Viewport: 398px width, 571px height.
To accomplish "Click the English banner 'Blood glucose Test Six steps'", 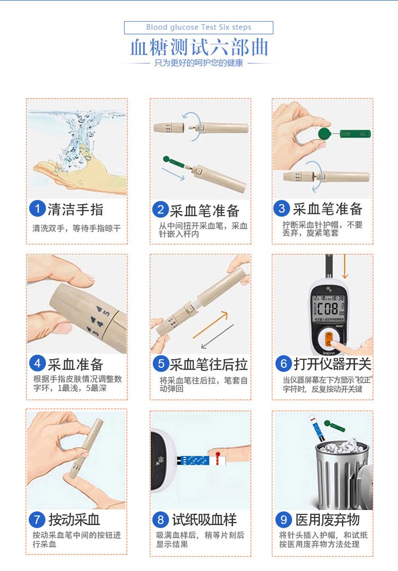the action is (x=198, y=28).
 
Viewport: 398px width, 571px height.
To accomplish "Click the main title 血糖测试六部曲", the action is (x=199, y=47).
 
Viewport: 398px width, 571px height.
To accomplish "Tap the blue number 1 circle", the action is (x=37, y=209).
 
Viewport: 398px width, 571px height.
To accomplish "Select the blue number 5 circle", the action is (x=161, y=363).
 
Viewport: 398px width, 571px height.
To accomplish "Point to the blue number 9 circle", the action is (x=283, y=519).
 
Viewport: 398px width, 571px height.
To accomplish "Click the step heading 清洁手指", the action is (x=75, y=209).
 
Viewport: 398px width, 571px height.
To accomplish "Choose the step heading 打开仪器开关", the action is (x=333, y=364).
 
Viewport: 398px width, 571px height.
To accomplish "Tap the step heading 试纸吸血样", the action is (x=204, y=520).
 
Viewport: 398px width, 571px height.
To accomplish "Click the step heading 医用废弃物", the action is (x=327, y=520).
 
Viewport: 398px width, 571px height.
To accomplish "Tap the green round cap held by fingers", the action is (x=324, y=134).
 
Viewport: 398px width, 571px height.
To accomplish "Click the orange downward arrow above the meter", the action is (x=345, y=267).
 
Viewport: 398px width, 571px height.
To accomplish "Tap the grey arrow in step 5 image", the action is (x=217, y=337).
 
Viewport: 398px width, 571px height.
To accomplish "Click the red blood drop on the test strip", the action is (x=218, y=455).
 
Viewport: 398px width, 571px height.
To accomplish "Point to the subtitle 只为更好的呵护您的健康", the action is (x=198, y=64).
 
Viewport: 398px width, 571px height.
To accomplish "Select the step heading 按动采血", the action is (x=74, y=520).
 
